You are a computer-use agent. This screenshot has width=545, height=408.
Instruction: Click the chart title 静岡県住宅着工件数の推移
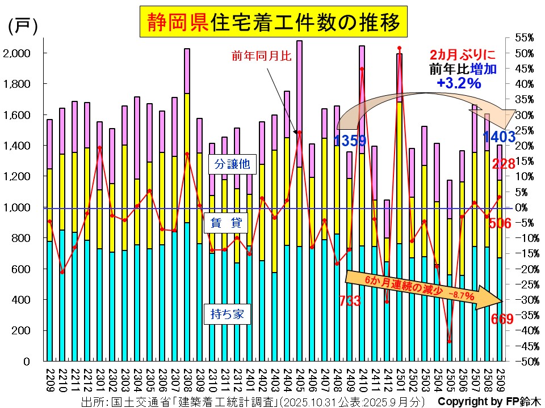click(x=274, y=22)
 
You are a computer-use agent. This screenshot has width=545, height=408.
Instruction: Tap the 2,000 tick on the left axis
click(x=19, y=53)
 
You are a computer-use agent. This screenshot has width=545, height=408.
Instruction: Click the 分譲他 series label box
click(x=228, y=165)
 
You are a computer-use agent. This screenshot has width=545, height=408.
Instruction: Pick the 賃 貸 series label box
click(x=228, y=224)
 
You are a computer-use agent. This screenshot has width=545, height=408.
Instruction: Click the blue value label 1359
click(x=350, y=140)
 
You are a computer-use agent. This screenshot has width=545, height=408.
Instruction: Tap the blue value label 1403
click(x=498, y=137)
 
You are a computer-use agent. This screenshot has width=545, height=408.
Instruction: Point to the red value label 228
click(x=504, y=164)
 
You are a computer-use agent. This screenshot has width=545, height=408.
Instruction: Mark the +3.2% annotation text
click(x=459, y=83)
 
